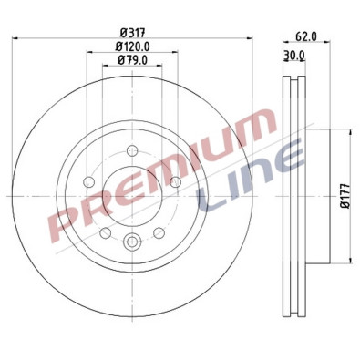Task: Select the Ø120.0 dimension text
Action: click(132, 46)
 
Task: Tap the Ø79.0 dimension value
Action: click(132, 60)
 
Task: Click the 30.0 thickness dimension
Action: click(293, 56)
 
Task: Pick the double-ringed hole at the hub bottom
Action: click(132, 242)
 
